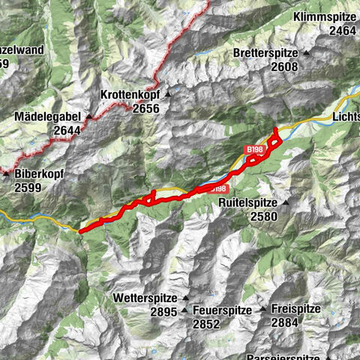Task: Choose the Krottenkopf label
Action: point(131,95)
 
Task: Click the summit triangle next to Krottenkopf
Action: point(169,95)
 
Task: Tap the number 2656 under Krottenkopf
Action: point(146,109)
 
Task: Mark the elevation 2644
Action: point(69,130)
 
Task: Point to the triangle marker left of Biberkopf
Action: point(7,173)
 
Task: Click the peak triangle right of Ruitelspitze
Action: point(286,202)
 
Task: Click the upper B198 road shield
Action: point(255,150)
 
